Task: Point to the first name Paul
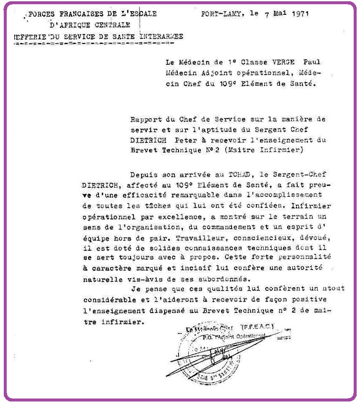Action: pos(311,62)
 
